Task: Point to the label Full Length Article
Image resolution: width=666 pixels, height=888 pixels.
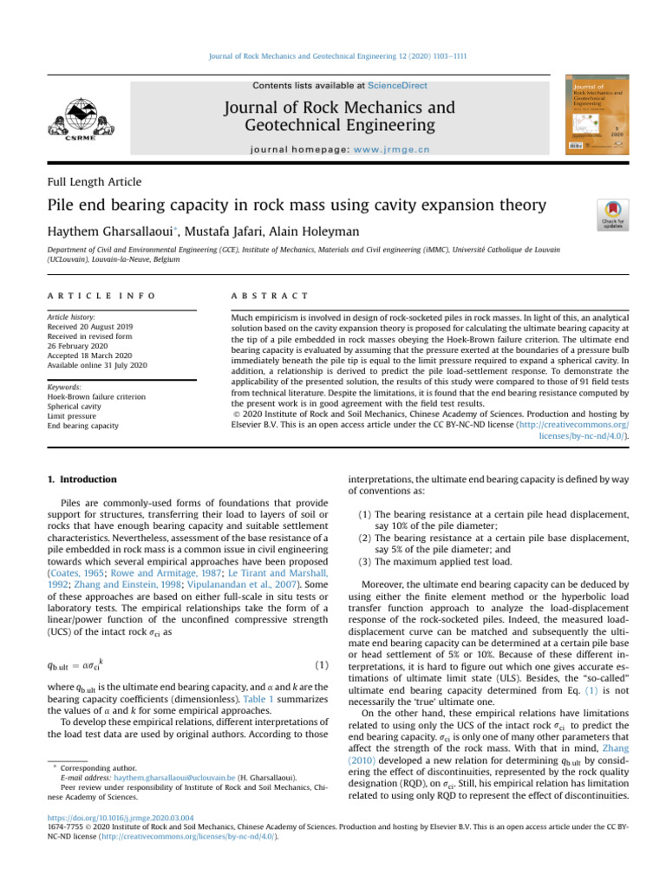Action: pos(95,182)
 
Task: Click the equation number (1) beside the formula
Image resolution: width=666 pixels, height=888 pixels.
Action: pos(321,666)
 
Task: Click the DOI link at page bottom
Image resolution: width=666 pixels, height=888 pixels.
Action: pos(113,840)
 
